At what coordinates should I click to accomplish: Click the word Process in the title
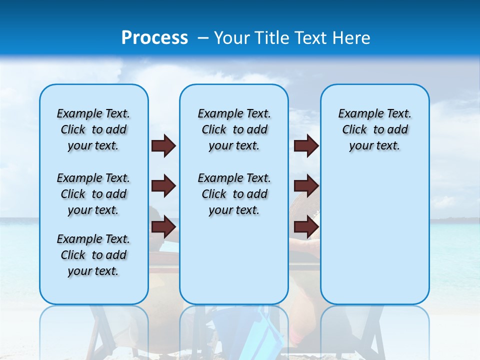(154, 38)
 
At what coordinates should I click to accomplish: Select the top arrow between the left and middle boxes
(163, 145)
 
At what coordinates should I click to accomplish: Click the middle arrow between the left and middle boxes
(163, 186)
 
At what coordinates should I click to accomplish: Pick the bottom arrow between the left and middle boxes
(163, 227)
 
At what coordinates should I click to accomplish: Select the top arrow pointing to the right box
(306, 145)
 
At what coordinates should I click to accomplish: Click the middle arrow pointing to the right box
(306, 186)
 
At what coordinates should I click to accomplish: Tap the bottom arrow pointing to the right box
(306, 227)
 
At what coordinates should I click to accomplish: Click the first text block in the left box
(93, 129)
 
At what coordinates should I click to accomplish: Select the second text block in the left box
(93, 194)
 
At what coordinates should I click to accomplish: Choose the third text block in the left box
(93, 255)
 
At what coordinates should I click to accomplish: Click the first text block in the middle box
(234, 129)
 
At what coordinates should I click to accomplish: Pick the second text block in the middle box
(234, 194)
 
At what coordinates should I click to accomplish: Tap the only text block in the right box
(374, 129)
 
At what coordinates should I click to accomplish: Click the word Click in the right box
(354, 130)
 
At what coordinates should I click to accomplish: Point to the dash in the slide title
(202, 38)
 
